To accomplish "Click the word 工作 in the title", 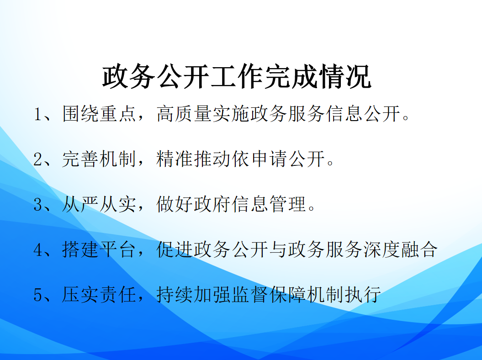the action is coord(236,76).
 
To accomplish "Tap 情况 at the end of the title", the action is coord(344,76).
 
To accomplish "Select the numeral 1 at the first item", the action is coord(37,114).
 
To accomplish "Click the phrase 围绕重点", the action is coord(99,114).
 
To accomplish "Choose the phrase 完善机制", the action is coord(99,159).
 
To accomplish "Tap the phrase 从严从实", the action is coord(99,204).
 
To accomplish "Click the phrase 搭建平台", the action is coord(99,249).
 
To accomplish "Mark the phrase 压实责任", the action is coord(99,294).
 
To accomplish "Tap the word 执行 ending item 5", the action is coord(363,294).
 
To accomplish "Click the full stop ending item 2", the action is coord(330,163).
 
